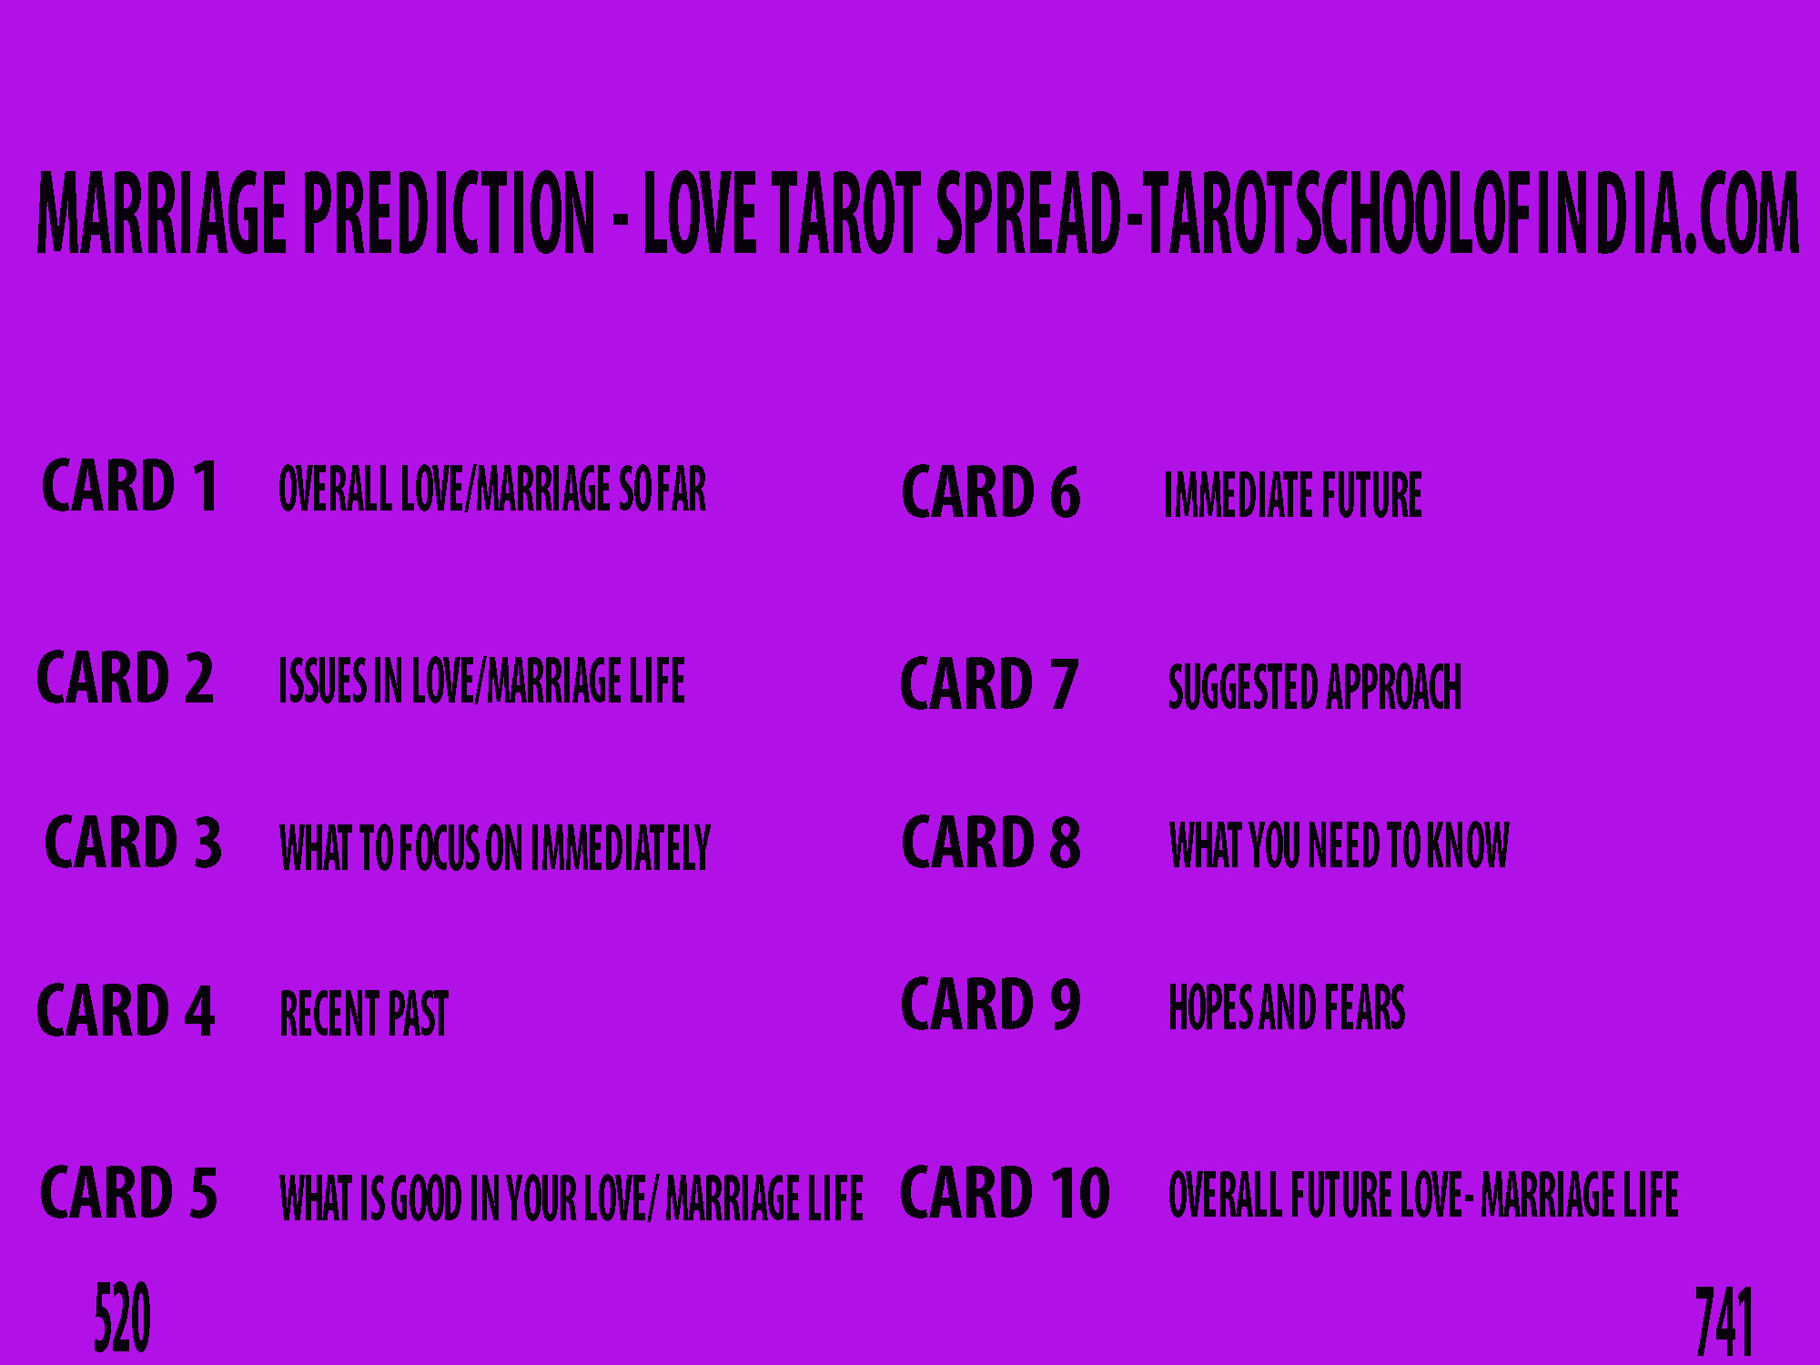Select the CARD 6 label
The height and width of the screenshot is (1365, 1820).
[x=991, y=492]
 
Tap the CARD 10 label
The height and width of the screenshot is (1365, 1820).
[x=1005, y=1192]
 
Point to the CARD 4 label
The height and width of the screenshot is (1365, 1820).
[x=126, y=1010]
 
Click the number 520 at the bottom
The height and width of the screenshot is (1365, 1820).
[x=122, y=1318]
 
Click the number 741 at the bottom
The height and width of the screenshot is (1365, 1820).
[x=1724, y=1322]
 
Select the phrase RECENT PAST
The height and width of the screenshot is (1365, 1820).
[x=364, y=1014]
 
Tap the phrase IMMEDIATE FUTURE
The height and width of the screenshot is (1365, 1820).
[x=1293, y=495]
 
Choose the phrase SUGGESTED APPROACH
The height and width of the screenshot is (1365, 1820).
[x=1315, y=687]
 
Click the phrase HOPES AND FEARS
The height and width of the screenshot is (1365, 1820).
[x=1287, y=1007]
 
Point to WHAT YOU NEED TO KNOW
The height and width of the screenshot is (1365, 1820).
[x=1339, y=844]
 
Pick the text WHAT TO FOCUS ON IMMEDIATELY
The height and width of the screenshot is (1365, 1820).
[x=495, y=848]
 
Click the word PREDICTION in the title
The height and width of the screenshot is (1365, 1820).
[x=449, y=212]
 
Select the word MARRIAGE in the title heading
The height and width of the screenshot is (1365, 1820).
[x=163, y=212]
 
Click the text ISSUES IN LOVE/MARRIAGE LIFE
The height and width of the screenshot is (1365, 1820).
[x=482, y=681]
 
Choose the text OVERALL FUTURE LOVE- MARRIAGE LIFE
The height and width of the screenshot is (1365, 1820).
[x=1423, y=1195]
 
